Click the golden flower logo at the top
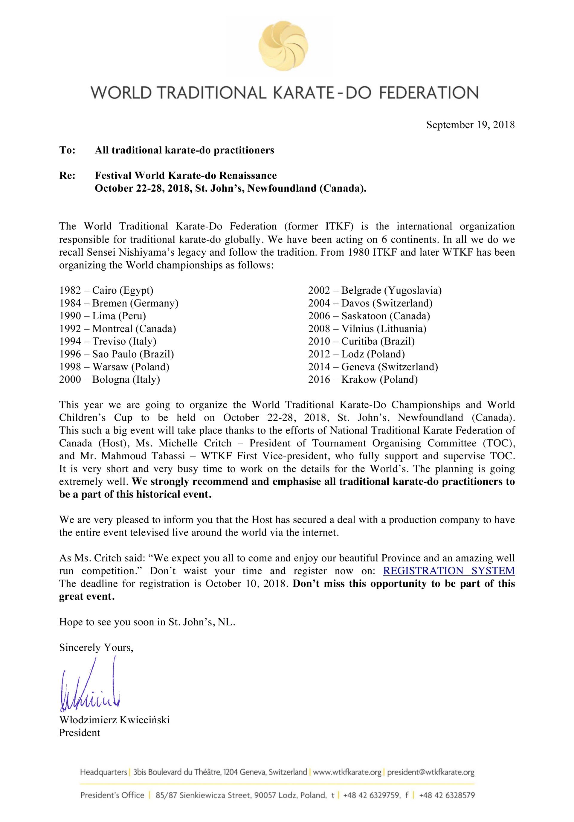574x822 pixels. (283, 45)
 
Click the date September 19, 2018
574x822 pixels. (470, 125)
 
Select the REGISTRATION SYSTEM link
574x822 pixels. (449, 571)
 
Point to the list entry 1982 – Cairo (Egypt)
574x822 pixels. (106, 290)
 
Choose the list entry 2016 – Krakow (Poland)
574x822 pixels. (363, 379)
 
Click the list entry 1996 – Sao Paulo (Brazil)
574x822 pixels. (117, 354)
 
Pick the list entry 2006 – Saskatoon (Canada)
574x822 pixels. (369, 316)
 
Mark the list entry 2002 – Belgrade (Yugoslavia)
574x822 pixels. (375, 290)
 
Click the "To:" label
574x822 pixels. (68, 150)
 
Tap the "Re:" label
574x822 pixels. (68, 176)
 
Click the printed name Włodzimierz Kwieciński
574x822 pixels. (115, 720)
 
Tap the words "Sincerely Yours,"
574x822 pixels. (96, 648)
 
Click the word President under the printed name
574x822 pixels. (80, 733)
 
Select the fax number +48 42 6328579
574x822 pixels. (447, 795)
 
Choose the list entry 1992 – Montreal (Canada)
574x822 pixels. (118, 329)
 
